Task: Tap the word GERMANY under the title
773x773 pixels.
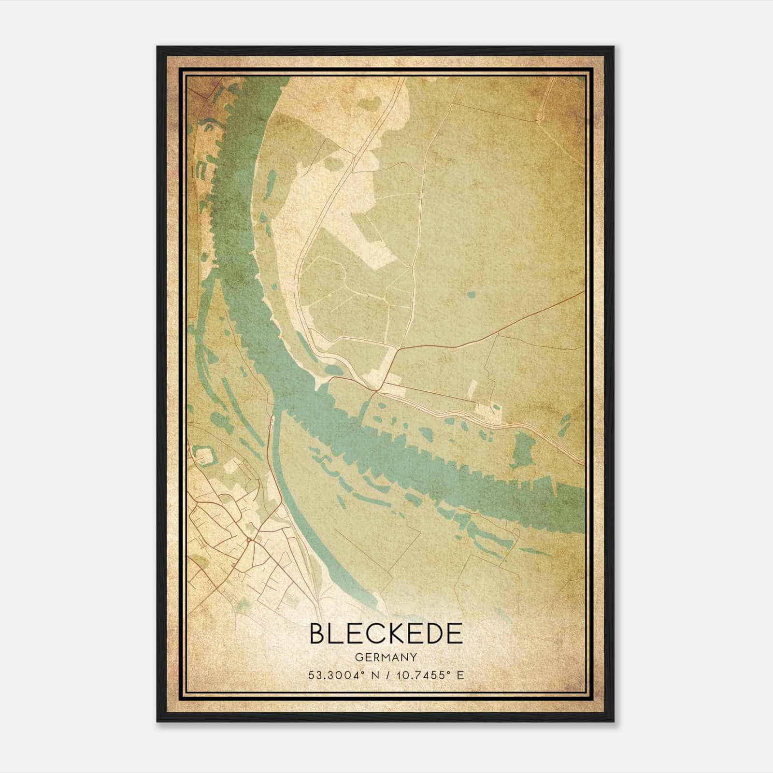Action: coord(386,657)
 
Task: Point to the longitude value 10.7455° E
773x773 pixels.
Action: coord(430,675)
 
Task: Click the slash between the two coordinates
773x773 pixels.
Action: coord(386,675)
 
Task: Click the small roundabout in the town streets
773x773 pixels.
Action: coord(248,539)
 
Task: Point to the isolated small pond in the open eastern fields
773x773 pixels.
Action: coord(471,294)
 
